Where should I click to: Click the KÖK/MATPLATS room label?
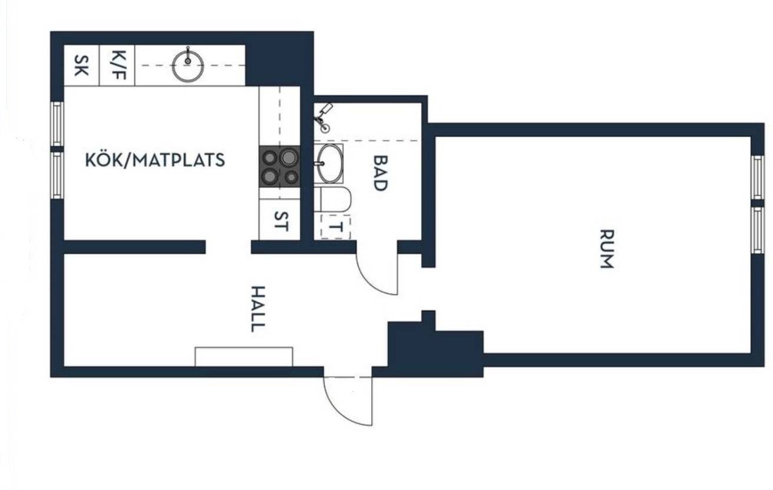[x=155, y=160]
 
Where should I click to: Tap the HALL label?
[x=258, y=309]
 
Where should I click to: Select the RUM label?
[x=607, y=249]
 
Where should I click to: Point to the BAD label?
[x=381, y=173]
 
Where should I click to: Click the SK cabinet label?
[x=81, y=65]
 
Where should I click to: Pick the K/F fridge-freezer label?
[x=118, y=65]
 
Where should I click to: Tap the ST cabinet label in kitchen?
[x=281, y=221]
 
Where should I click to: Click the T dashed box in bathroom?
[x=336, y=227]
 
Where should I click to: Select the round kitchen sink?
[x=188, y=66]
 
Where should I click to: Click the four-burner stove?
[x=279, y=167]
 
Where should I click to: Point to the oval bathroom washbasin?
[x=329, y=164]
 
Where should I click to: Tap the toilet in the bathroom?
[x=333, y=199]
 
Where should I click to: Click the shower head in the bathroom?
[x=326, y=109]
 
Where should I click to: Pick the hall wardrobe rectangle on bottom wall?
[x=244, y=357]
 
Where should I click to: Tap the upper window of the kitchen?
[x=57, y=124]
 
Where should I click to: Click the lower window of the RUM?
[x=758, y=230]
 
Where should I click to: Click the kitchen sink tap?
[x=188, y=55]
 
